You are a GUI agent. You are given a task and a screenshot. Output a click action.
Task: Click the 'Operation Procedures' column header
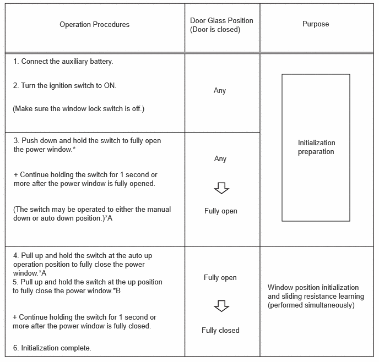click(94, 25)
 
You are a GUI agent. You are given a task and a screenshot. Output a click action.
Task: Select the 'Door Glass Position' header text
click(221, 25)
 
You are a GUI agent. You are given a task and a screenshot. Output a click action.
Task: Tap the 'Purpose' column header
click(316, 24)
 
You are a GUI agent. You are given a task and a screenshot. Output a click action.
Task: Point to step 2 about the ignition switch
click(64, 86)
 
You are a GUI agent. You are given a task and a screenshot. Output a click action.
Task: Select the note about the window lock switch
click(78, 109)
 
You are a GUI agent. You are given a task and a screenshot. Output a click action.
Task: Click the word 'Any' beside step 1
click(220, 91)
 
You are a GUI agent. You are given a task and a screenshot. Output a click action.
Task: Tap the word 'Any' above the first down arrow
click(220, 159)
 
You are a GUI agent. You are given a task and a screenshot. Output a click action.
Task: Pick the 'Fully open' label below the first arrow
click(220, 211)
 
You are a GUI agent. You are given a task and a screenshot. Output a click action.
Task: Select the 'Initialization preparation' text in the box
click(316, 147)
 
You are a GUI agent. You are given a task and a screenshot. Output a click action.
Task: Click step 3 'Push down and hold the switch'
click(88, 145)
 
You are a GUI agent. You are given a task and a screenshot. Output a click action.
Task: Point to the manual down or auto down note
click(91, 213)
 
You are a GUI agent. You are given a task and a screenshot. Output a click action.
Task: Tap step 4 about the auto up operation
click(88, 264)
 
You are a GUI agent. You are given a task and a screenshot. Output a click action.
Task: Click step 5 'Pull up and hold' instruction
click(88, 286)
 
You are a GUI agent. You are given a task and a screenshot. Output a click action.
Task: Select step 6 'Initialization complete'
click(52, 348)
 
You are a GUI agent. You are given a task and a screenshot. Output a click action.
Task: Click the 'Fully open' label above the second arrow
click(220, 278)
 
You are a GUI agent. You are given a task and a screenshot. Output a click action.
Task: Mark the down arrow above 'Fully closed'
click(221, 306)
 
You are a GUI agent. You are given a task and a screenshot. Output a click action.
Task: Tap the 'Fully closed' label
click(220, 331)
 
